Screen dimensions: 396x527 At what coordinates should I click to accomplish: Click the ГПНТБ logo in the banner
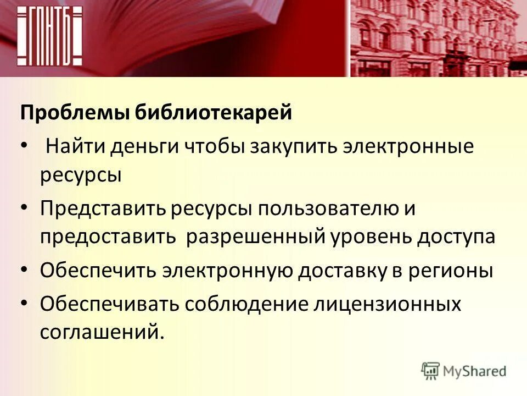49,36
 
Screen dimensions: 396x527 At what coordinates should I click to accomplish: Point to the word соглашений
101,333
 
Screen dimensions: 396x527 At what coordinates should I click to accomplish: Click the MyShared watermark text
475,371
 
